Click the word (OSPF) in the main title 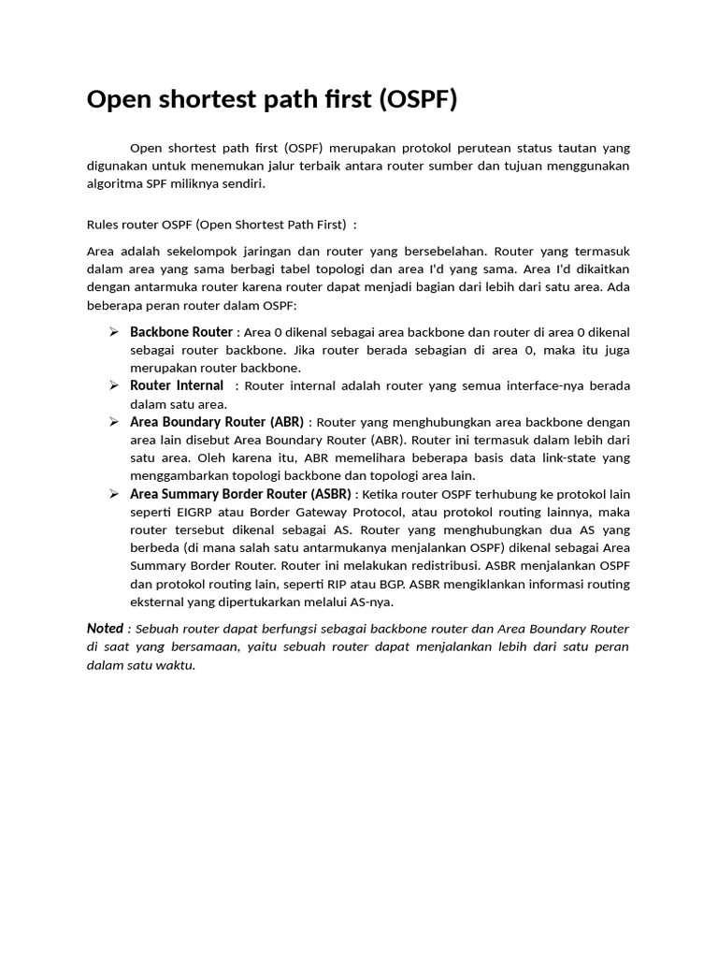419,99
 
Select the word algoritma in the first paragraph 116,183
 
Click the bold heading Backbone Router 181,332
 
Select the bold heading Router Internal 177,385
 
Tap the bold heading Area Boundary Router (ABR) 217,422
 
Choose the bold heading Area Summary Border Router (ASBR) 240,494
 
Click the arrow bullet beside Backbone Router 113,332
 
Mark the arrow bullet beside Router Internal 113,385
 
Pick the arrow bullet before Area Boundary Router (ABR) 113,422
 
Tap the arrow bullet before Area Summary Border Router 113,494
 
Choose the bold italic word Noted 105,629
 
